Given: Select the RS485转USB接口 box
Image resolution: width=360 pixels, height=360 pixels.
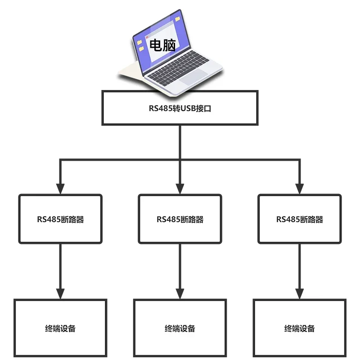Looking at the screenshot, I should click(x=180, y=108).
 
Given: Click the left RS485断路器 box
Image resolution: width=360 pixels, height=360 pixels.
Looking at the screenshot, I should click(x=60, y=219).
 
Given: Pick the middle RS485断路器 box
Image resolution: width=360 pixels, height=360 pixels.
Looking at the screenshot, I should click(x=180, y=219).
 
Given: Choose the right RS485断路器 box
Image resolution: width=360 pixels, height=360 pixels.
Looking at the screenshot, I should click(x=300, y=219).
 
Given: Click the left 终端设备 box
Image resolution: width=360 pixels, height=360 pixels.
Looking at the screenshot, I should click(x=60, y=328).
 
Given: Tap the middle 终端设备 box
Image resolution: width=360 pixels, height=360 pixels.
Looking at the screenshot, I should click(x=180, y=328).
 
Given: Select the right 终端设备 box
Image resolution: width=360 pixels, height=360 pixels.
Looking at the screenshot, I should click(x=300, y=328).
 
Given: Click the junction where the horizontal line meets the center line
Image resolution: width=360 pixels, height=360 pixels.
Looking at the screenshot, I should click(x=180, y=159).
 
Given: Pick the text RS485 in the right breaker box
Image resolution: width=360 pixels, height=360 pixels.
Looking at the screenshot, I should click(x=288, y=220).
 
